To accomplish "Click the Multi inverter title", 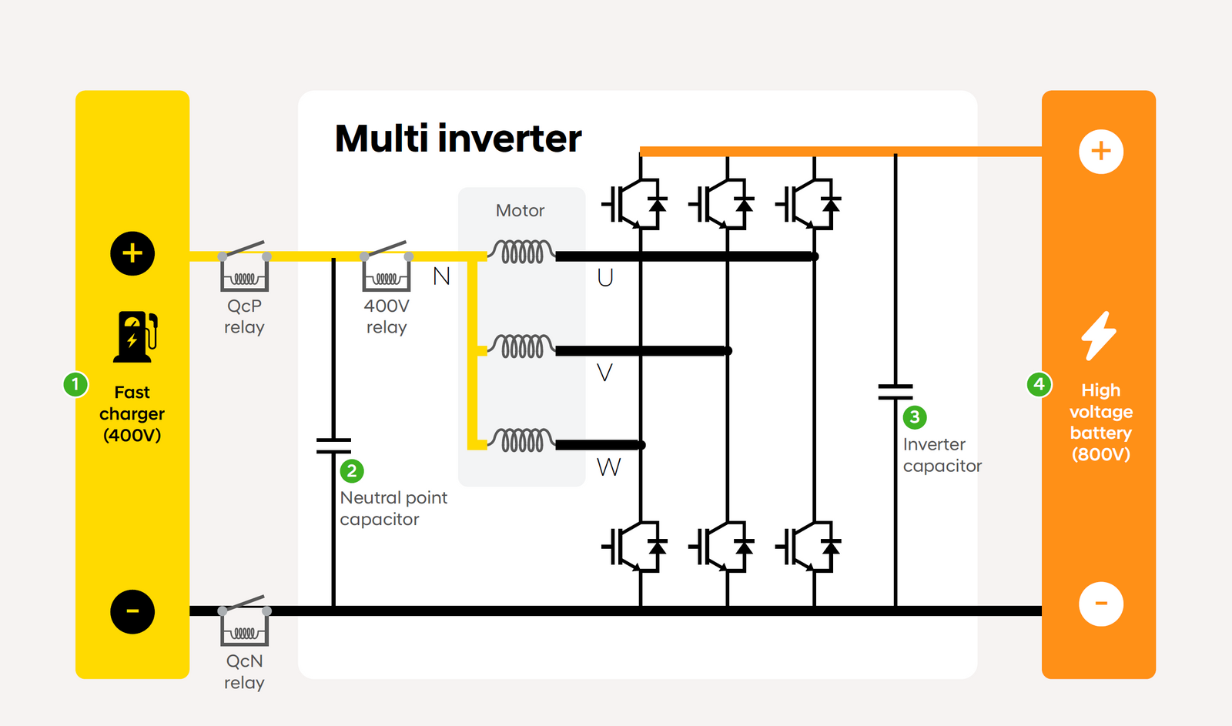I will (458, 139).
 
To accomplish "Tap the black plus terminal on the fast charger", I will (132, 253).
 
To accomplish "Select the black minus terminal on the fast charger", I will (132, 611).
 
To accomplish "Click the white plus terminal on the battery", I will (1101, 152).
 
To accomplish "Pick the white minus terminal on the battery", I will (1101, 604).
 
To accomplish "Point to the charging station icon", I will (135, 336).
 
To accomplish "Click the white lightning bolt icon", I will (1099, 336).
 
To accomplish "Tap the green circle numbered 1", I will (75, 384).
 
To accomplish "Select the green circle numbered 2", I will (352, 471).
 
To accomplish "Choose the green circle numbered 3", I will (915, 417).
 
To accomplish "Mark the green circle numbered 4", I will (1039, 384).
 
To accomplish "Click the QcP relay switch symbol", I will (244, 267).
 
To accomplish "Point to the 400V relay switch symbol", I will (387, 267).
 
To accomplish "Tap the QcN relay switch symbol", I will (244, 621).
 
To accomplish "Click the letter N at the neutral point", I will (441, 276).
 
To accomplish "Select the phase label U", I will (605, 278).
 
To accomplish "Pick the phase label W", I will (608, 467).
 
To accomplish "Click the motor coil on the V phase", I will (523, 347).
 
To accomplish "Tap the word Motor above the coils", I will (520, 211).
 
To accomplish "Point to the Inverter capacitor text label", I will (942, 455).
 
